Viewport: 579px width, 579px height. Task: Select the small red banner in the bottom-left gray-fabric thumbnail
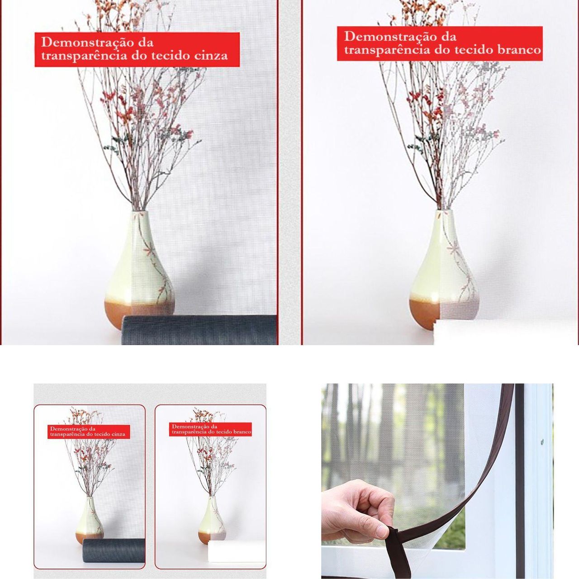tap(89, 432)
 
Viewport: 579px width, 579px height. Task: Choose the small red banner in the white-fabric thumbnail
tap(210, 429)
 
